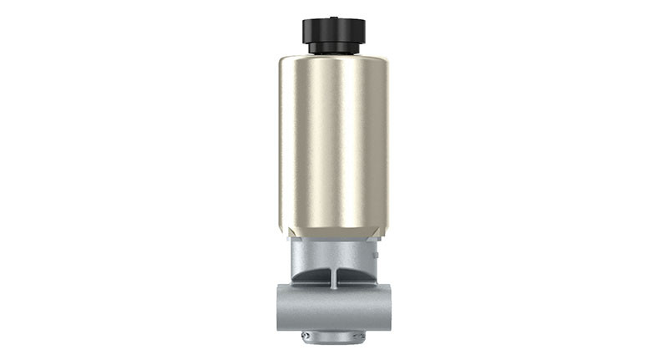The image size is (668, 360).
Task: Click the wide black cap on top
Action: pyautogui.click(x=333, y=30)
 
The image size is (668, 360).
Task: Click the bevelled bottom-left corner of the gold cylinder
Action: pyautogui.click(x=284, y=232)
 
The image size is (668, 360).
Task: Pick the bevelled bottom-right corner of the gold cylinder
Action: pyautogui.click(x=383, y=232)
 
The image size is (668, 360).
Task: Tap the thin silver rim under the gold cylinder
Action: pyautogui.click(x=333, y=240)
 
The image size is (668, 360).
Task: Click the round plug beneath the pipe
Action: pyautogui.click(x=333, y=337)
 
